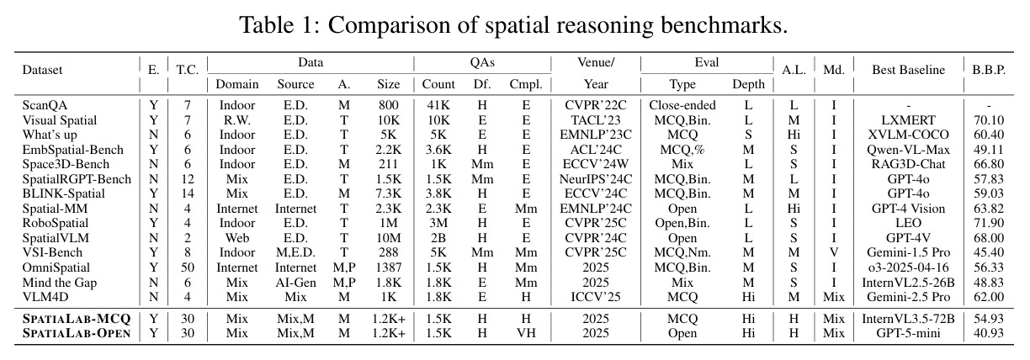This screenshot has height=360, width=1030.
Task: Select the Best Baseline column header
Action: pos(908,70)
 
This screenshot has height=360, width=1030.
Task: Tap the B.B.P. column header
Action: pos(989,70)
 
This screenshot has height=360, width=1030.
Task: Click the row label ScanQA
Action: pos(45,105)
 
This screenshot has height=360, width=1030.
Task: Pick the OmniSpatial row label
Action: pos(56,267)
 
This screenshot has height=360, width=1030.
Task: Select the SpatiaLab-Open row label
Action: pos(77,333)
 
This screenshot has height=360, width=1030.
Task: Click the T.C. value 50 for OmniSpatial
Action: pos(187,267)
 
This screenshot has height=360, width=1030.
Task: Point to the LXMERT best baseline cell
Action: pos(908,120)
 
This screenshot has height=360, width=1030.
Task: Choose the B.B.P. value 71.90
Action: pos(989,223)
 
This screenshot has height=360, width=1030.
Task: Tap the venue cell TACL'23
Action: pos(596,120)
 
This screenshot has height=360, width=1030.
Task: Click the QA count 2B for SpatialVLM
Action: pos(438,238)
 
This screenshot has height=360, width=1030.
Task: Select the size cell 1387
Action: pos(389,267)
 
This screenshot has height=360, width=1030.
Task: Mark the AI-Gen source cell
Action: pos(295,283)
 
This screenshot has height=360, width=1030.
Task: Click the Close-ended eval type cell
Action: pos(682,105)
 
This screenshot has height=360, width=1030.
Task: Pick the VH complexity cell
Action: pos(526,333)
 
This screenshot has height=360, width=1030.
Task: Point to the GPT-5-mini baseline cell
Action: pos(908,333)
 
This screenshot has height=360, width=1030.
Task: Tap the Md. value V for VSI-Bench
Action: pos(834,252)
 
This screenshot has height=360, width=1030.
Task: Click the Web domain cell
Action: pos(236,238)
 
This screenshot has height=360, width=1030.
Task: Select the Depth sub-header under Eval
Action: pos(748,85)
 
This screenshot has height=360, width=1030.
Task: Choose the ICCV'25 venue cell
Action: pos(596,297)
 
